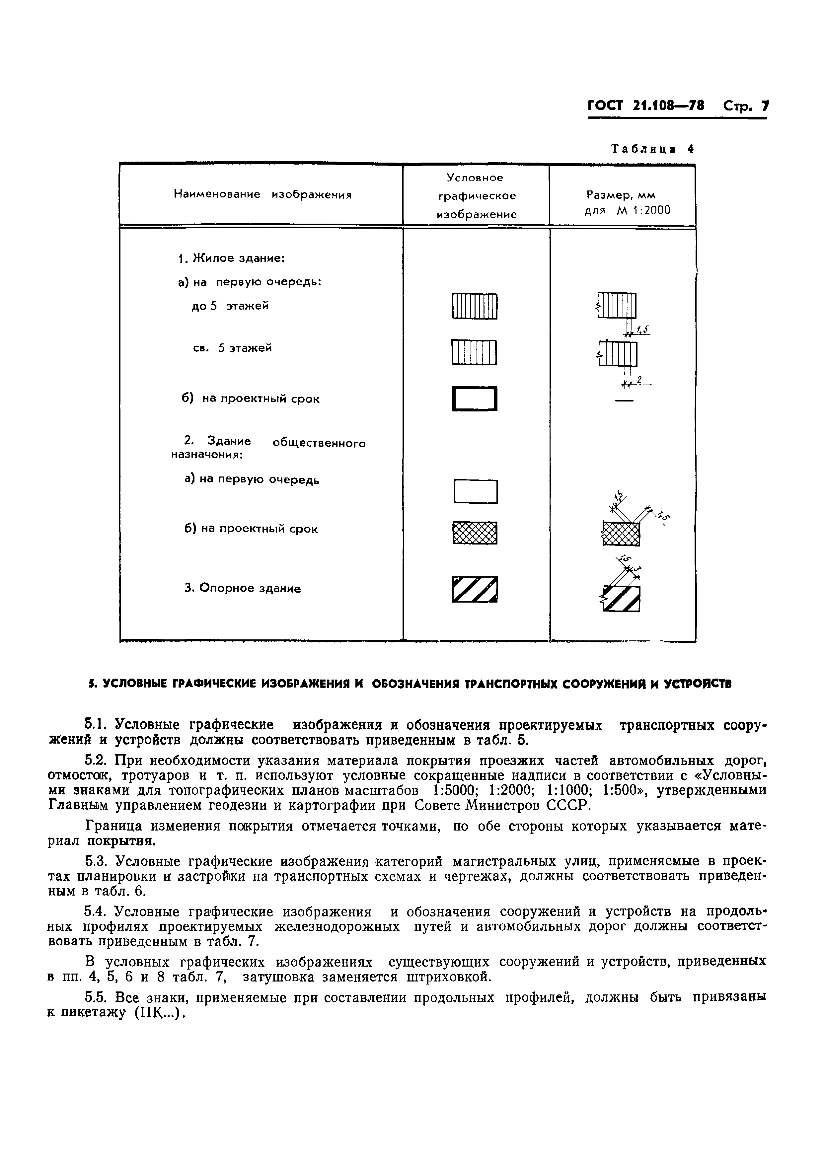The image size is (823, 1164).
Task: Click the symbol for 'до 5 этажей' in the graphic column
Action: click(x=475, y=306)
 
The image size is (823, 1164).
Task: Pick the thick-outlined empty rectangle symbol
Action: click(x=475, y=399)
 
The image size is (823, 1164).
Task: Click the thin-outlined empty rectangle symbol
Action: click(x=476, y=491)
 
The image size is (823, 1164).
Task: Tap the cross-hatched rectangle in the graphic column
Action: click(x=475, y=533)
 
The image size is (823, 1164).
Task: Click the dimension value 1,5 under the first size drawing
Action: click(x=642, y=330)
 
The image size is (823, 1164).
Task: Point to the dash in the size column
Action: click(x=624, y=401)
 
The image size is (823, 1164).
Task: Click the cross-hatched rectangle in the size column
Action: click(x=621, y=533)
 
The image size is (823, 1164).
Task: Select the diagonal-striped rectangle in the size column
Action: click(x=622, y=599)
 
